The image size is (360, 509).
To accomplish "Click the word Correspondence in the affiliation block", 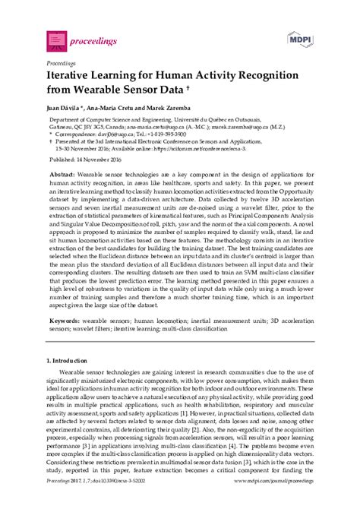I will click(77, 133).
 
